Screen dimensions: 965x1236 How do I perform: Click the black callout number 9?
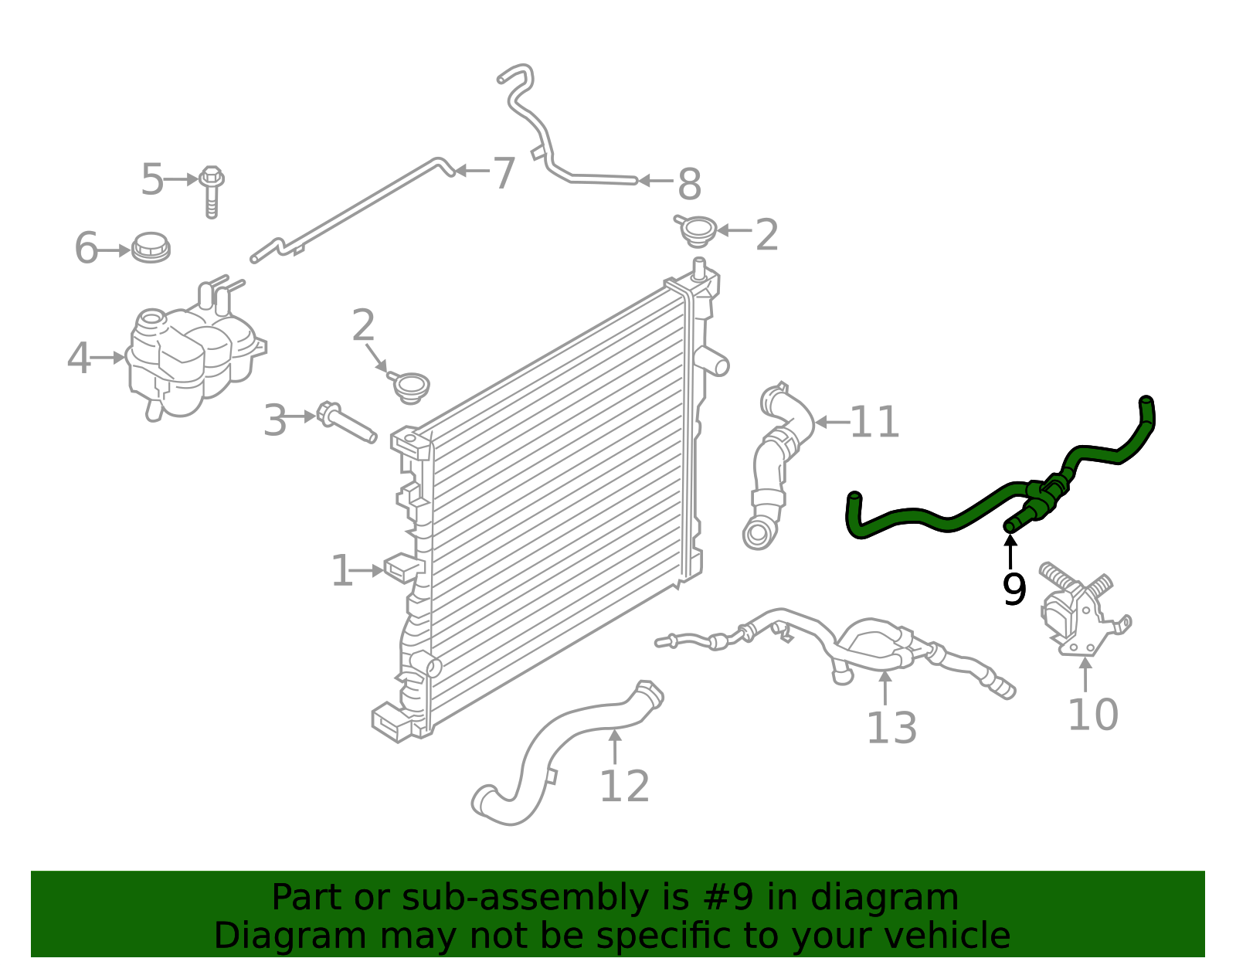click(x=1014, y=590)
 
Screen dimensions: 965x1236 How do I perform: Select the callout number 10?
click(x=1092, y=715)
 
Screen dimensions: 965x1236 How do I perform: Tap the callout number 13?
click(x=891, y=729)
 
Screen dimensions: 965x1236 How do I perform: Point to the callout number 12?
click(x=624, y=787)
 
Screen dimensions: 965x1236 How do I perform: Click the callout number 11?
click(x=874, y=423)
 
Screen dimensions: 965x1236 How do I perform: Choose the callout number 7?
click(x=504, y=173)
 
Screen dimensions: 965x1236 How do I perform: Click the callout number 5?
click(x=152, y=180)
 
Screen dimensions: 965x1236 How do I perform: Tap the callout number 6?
click(x=86, y=249)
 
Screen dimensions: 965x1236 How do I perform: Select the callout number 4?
click(x=78, y=358)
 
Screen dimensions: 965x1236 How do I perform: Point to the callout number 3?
click(x=275, y=422)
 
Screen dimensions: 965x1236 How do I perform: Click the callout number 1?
click(x=341, y=572)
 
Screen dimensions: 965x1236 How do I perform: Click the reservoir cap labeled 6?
click(x=151, y=247)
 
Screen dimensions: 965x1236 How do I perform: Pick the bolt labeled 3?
click(x=346, y=423)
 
